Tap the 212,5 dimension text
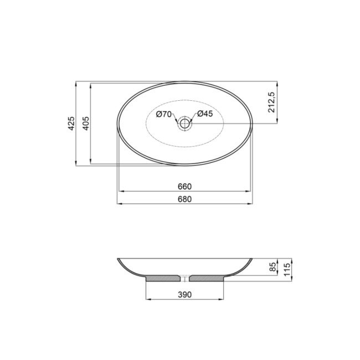point(271,103)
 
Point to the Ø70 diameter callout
point(163,114)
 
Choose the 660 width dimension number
point(184,186)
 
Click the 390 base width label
point(184,295)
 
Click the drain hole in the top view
point(184,123)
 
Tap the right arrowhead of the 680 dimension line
point(252,204)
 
